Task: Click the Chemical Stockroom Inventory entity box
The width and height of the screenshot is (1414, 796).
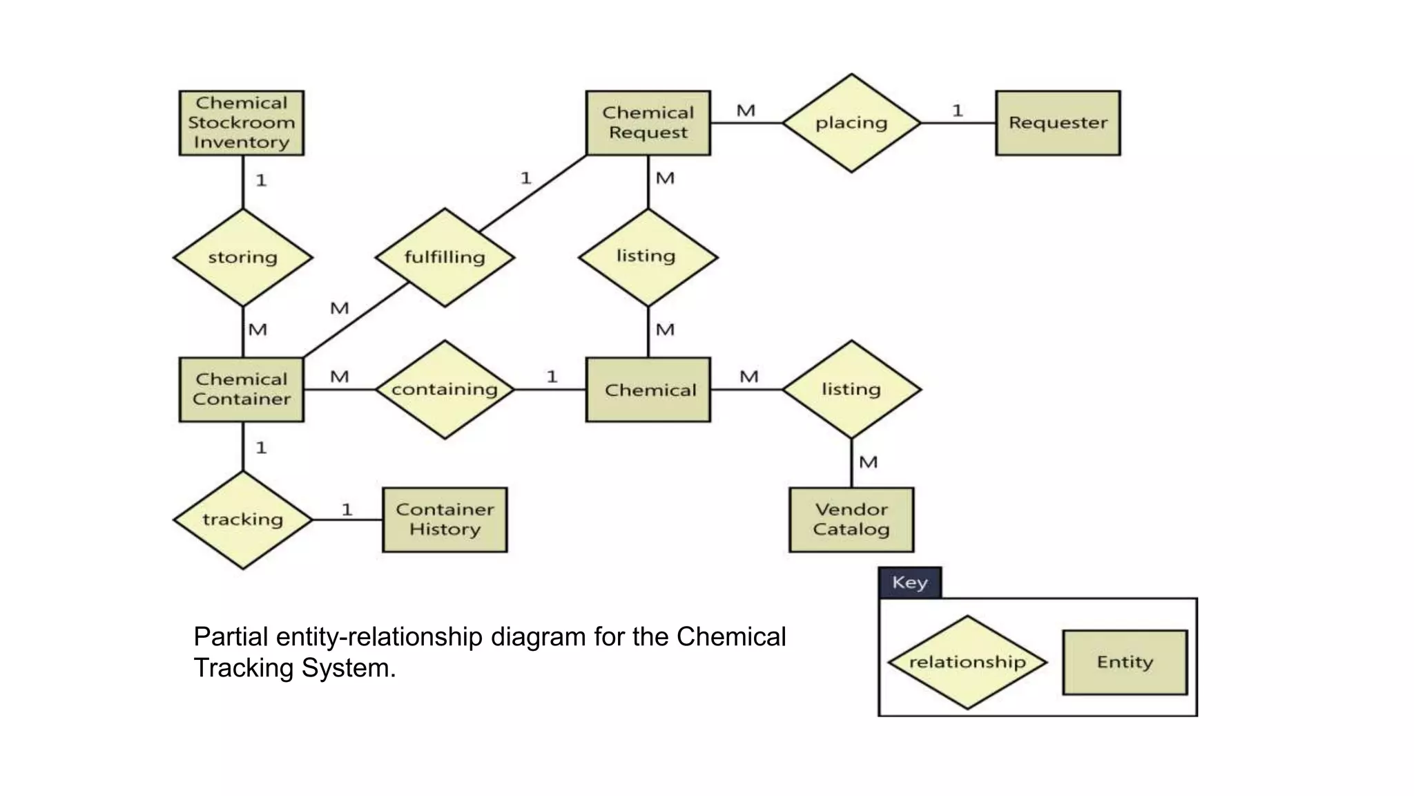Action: tap(241, 123)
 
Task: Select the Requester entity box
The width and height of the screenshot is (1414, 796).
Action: tap(1057, 123)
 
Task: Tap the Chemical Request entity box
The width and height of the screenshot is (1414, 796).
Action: tap(648, 123)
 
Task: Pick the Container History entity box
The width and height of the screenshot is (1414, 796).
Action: tap(445, 520)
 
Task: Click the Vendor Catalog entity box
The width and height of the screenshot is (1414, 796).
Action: tap(851, 520)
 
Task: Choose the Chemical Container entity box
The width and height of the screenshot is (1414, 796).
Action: tap(241, 390)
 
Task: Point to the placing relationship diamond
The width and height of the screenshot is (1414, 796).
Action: tap(851, 123)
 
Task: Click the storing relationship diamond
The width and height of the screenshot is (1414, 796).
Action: tap(242, 257)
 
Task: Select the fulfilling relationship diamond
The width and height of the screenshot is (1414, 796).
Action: tap(445, 257)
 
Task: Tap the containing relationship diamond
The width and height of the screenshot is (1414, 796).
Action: tap(445, 390)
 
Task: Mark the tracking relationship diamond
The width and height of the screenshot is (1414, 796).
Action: tap(242, 520)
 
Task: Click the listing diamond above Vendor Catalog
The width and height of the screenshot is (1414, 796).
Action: tap(851, 390)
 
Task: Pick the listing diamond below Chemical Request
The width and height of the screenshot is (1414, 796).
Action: tap(648, 257)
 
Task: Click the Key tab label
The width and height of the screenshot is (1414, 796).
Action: tap(909, 582)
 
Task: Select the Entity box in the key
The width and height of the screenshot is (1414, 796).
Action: tap(1124, 662)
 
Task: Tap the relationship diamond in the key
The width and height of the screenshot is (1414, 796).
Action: tap(967, 662)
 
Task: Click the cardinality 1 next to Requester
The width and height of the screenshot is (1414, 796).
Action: tap(957, 111)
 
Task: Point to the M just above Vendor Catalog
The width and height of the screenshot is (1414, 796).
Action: tap(868, 462)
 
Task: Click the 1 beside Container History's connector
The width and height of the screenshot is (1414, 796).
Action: tap(347, 510)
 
